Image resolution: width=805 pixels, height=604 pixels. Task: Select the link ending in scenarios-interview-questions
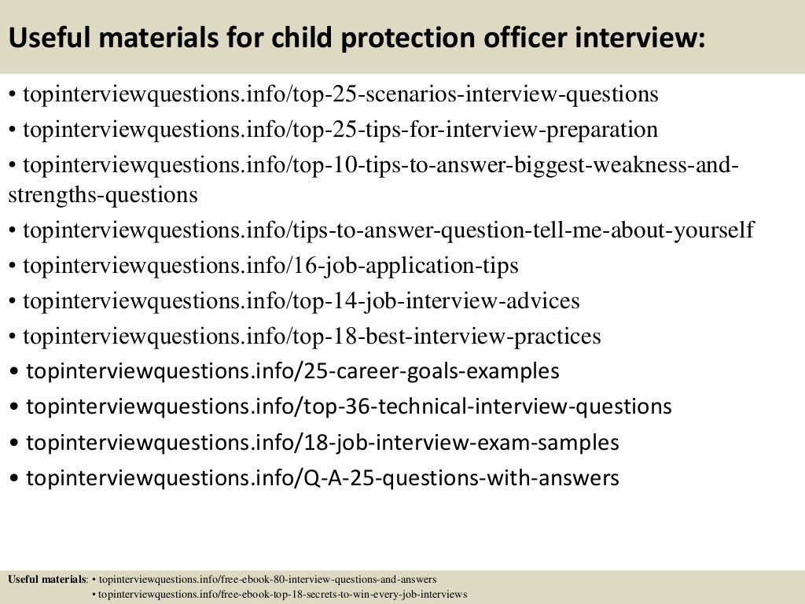coord(340,95)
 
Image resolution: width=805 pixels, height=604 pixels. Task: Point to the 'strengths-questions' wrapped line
coord(103,194)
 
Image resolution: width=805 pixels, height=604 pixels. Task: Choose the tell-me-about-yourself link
coord(388,230)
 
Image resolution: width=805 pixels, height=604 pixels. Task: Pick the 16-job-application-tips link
coord(270,266)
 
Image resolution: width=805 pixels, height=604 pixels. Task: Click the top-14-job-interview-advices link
coord(301,300)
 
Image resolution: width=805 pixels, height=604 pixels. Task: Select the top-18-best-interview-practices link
coord(312,337)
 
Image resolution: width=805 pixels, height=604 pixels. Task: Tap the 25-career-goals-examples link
coord(293,371)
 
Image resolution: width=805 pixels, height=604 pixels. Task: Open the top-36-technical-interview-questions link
coord(349,407)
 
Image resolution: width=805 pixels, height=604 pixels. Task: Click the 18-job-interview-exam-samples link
coord(322,443)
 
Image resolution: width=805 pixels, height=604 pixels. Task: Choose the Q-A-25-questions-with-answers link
coord(322,477)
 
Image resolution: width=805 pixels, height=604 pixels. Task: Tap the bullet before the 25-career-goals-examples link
coord(17,372)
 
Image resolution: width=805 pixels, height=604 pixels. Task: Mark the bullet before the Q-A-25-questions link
coord(17,478)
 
